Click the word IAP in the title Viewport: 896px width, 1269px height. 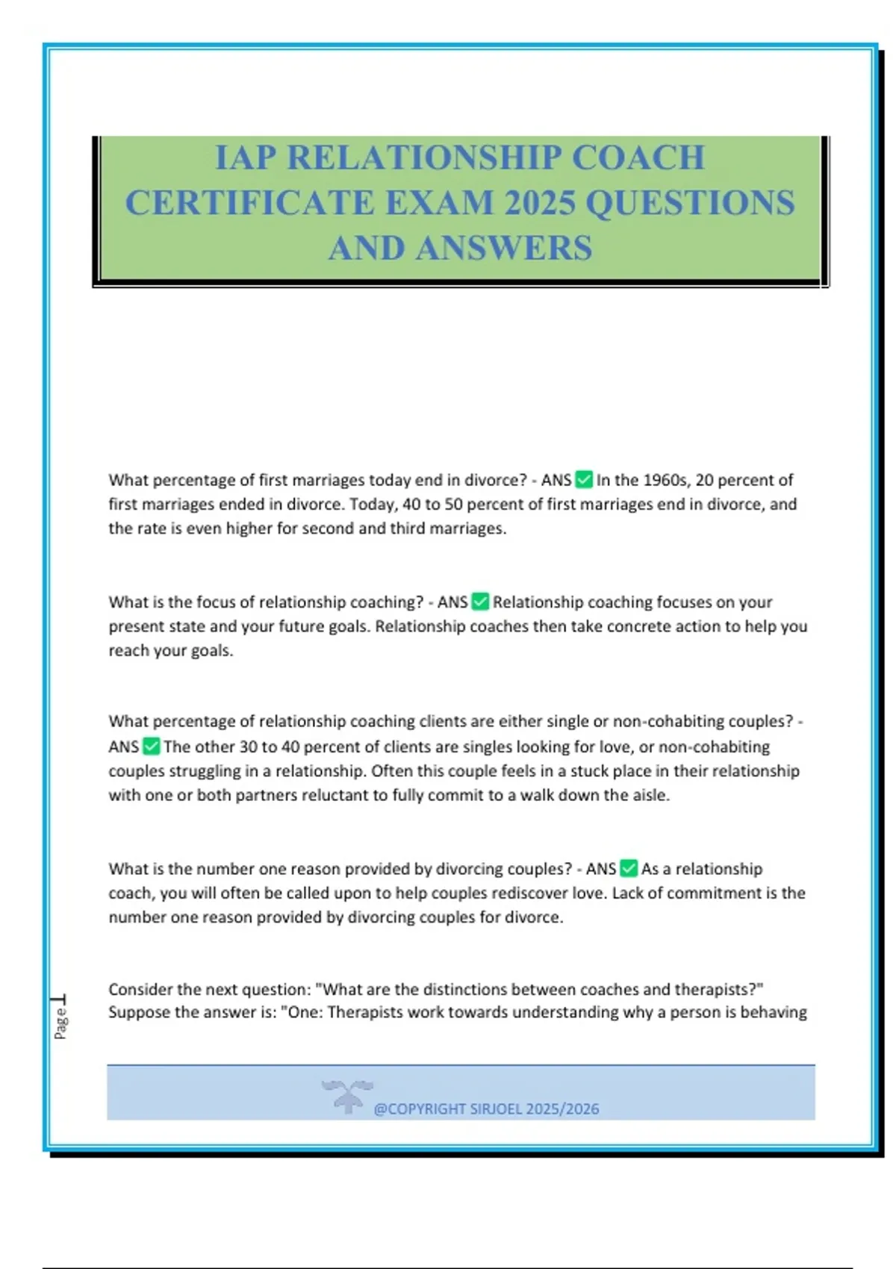tap(244, 158)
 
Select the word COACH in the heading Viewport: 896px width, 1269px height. tap(638, 158)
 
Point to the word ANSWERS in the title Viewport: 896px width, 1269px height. tap(504, 249)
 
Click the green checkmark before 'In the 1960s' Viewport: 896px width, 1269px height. tap(584, 480)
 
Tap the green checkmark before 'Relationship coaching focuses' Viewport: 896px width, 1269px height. tap(480, 602)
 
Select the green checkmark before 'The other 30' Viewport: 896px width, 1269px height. tap(151, 746)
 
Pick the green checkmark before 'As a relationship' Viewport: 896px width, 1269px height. tap(629, 869)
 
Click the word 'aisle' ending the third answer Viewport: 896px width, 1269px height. tap(650, 796)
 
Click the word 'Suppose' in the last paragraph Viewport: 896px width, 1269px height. tap(137, 1013)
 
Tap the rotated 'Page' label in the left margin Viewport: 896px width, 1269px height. tap(60, 1023)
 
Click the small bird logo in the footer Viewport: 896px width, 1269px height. tap(347, 1096)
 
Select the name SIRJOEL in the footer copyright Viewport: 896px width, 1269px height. tap(496, 1109)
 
